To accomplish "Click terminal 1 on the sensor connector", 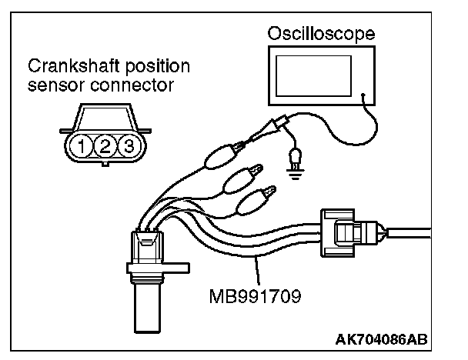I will click(79, 145).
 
